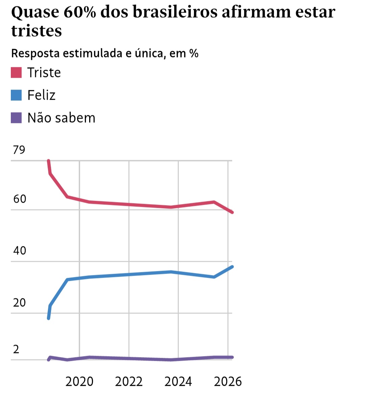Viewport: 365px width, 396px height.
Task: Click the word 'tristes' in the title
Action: coord(36,31)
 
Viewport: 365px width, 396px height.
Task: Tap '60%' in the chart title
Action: coord(79,13)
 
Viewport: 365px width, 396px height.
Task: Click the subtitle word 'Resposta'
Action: coord(35,53)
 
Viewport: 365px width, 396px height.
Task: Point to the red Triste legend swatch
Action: coord(16,73)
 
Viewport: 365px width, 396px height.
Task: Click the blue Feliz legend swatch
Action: coord(16,95)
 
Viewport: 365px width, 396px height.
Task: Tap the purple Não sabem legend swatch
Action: coord(16,118)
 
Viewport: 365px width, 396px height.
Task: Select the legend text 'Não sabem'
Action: coord(61,118)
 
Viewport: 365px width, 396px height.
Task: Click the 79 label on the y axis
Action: coord(19,149)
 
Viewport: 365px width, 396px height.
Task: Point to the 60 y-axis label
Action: coord(20,199)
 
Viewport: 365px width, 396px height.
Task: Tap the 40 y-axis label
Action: coord(20,250)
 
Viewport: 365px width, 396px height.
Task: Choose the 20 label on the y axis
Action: coord(20,302)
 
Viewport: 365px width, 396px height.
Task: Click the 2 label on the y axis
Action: coord(16,349)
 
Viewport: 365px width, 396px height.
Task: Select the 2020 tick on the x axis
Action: coord(79,381)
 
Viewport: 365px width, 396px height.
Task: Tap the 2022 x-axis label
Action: coord(129,381)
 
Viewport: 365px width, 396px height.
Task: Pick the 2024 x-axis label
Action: coord(178,381)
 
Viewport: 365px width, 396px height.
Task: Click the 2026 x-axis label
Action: coord(228,381)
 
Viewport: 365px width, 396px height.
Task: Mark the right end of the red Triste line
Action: coord(232,212)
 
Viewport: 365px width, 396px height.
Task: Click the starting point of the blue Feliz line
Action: coord(49,318)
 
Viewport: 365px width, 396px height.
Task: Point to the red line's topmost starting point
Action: coord(48,161)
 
